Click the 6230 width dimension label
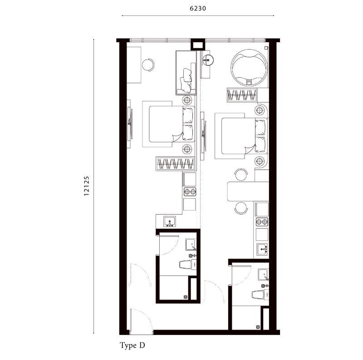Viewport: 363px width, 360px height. point(198,8)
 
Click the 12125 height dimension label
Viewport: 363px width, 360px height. point(86,186)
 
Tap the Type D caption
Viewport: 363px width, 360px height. point(132,345)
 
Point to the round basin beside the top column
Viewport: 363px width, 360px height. point(208,60)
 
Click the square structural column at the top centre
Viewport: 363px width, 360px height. point(197,44)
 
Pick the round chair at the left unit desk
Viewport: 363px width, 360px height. point(148,65)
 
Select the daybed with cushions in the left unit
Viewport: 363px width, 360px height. point(186,73)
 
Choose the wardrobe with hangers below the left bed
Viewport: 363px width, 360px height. point(175,164)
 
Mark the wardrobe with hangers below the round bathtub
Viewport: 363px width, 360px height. point(242,95)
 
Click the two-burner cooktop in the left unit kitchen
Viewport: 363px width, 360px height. point(190,192)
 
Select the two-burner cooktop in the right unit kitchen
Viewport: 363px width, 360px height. point(262,222)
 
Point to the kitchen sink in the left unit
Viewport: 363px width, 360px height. point(170,221)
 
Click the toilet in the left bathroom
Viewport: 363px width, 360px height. point(188,265)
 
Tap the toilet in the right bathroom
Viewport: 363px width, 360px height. point(260,295)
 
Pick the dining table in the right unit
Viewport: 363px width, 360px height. point(248,191)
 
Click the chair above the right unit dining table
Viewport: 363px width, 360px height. point(241,175)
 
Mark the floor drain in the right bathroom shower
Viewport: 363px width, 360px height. point(258,327)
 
